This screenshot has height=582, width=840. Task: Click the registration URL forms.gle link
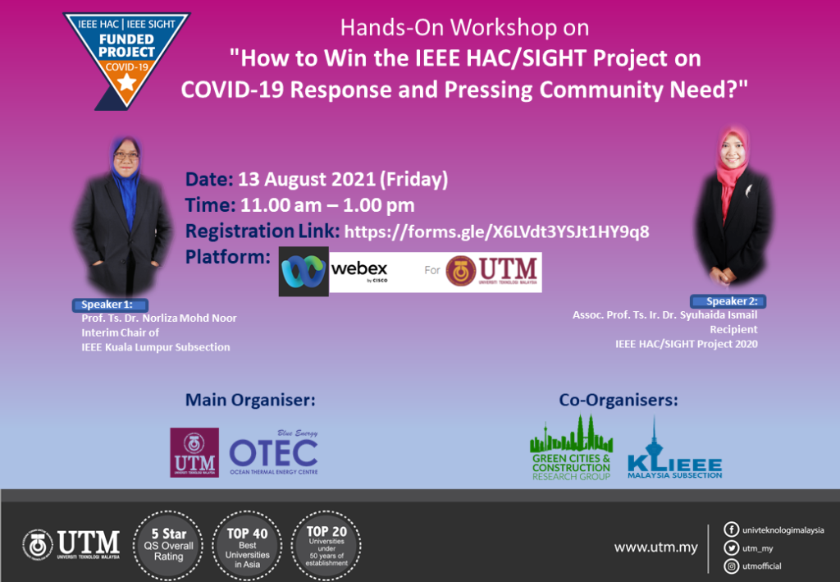(x=496, y=231)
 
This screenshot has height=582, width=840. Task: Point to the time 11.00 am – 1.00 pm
(x=326, y=205)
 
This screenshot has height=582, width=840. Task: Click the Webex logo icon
(x=304, y=270)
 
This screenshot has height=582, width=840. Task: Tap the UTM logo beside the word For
(x=492, y=271)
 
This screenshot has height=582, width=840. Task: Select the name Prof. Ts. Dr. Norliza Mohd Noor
(x=159, y=318)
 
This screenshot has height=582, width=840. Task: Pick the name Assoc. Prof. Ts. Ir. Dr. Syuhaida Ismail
(x=664, y=314)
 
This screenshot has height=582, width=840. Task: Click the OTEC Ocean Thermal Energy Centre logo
(x=273, y=452)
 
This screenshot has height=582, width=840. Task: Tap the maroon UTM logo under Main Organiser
(x=194, y=452)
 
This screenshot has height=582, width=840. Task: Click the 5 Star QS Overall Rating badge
(x=167, y=539)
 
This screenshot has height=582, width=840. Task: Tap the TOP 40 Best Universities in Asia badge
(x=247, y=539)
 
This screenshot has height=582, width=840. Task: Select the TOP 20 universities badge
(x=327, y=539)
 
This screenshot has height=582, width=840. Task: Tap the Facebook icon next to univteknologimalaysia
(x=731, y=529)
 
